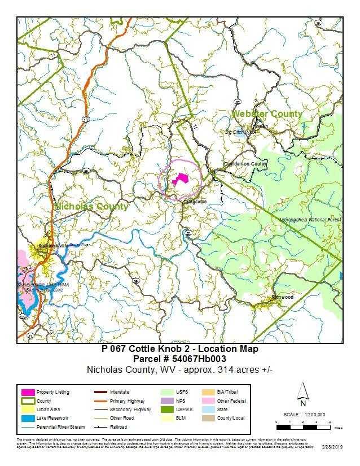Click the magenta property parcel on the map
pyautogui.click(x=179, y=179)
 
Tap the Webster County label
pyautogui.click(x=267, y=114)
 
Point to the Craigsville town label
pyautogui.click(x=195, y=201)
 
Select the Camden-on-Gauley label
pyautogui.click(x=244, y=164)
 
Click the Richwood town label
pyautogui.click(x=283, y=297)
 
